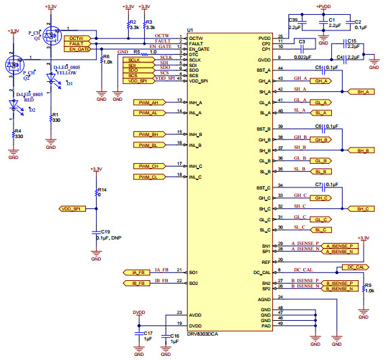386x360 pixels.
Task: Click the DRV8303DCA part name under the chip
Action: point(211,334)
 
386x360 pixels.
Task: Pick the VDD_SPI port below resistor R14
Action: point(71,210)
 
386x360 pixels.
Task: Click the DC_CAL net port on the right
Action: point(356,268)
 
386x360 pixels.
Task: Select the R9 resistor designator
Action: point(368,286)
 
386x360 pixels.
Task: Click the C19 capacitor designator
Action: point(105,231)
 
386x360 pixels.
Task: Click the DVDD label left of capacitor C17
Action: point(139,313)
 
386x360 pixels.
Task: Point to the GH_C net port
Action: point(322,198)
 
